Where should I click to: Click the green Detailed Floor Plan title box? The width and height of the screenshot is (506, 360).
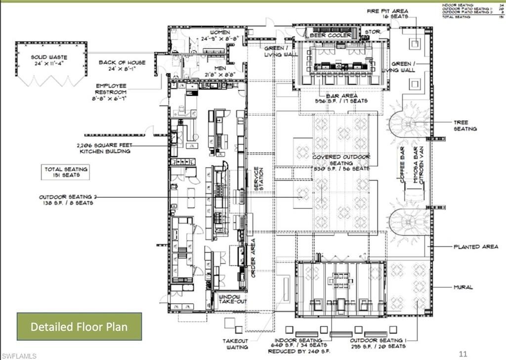click(x=79, y=326)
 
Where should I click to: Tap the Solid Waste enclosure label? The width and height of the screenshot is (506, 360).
click(x=49, y=60)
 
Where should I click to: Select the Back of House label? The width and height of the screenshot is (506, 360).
click(x=122, y=66)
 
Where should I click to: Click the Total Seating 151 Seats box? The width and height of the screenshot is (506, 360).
click(x=66, y=172)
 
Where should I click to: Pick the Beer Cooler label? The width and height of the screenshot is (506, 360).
click(x=331, y=36)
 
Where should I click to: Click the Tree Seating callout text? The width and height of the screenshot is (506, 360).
click(x=465, y=125)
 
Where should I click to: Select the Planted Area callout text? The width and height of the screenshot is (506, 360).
click(x=476, y=246)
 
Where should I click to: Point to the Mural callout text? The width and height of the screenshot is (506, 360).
click(x=463, y=286)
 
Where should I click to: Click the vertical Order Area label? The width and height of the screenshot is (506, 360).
click(x=253, y=258)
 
